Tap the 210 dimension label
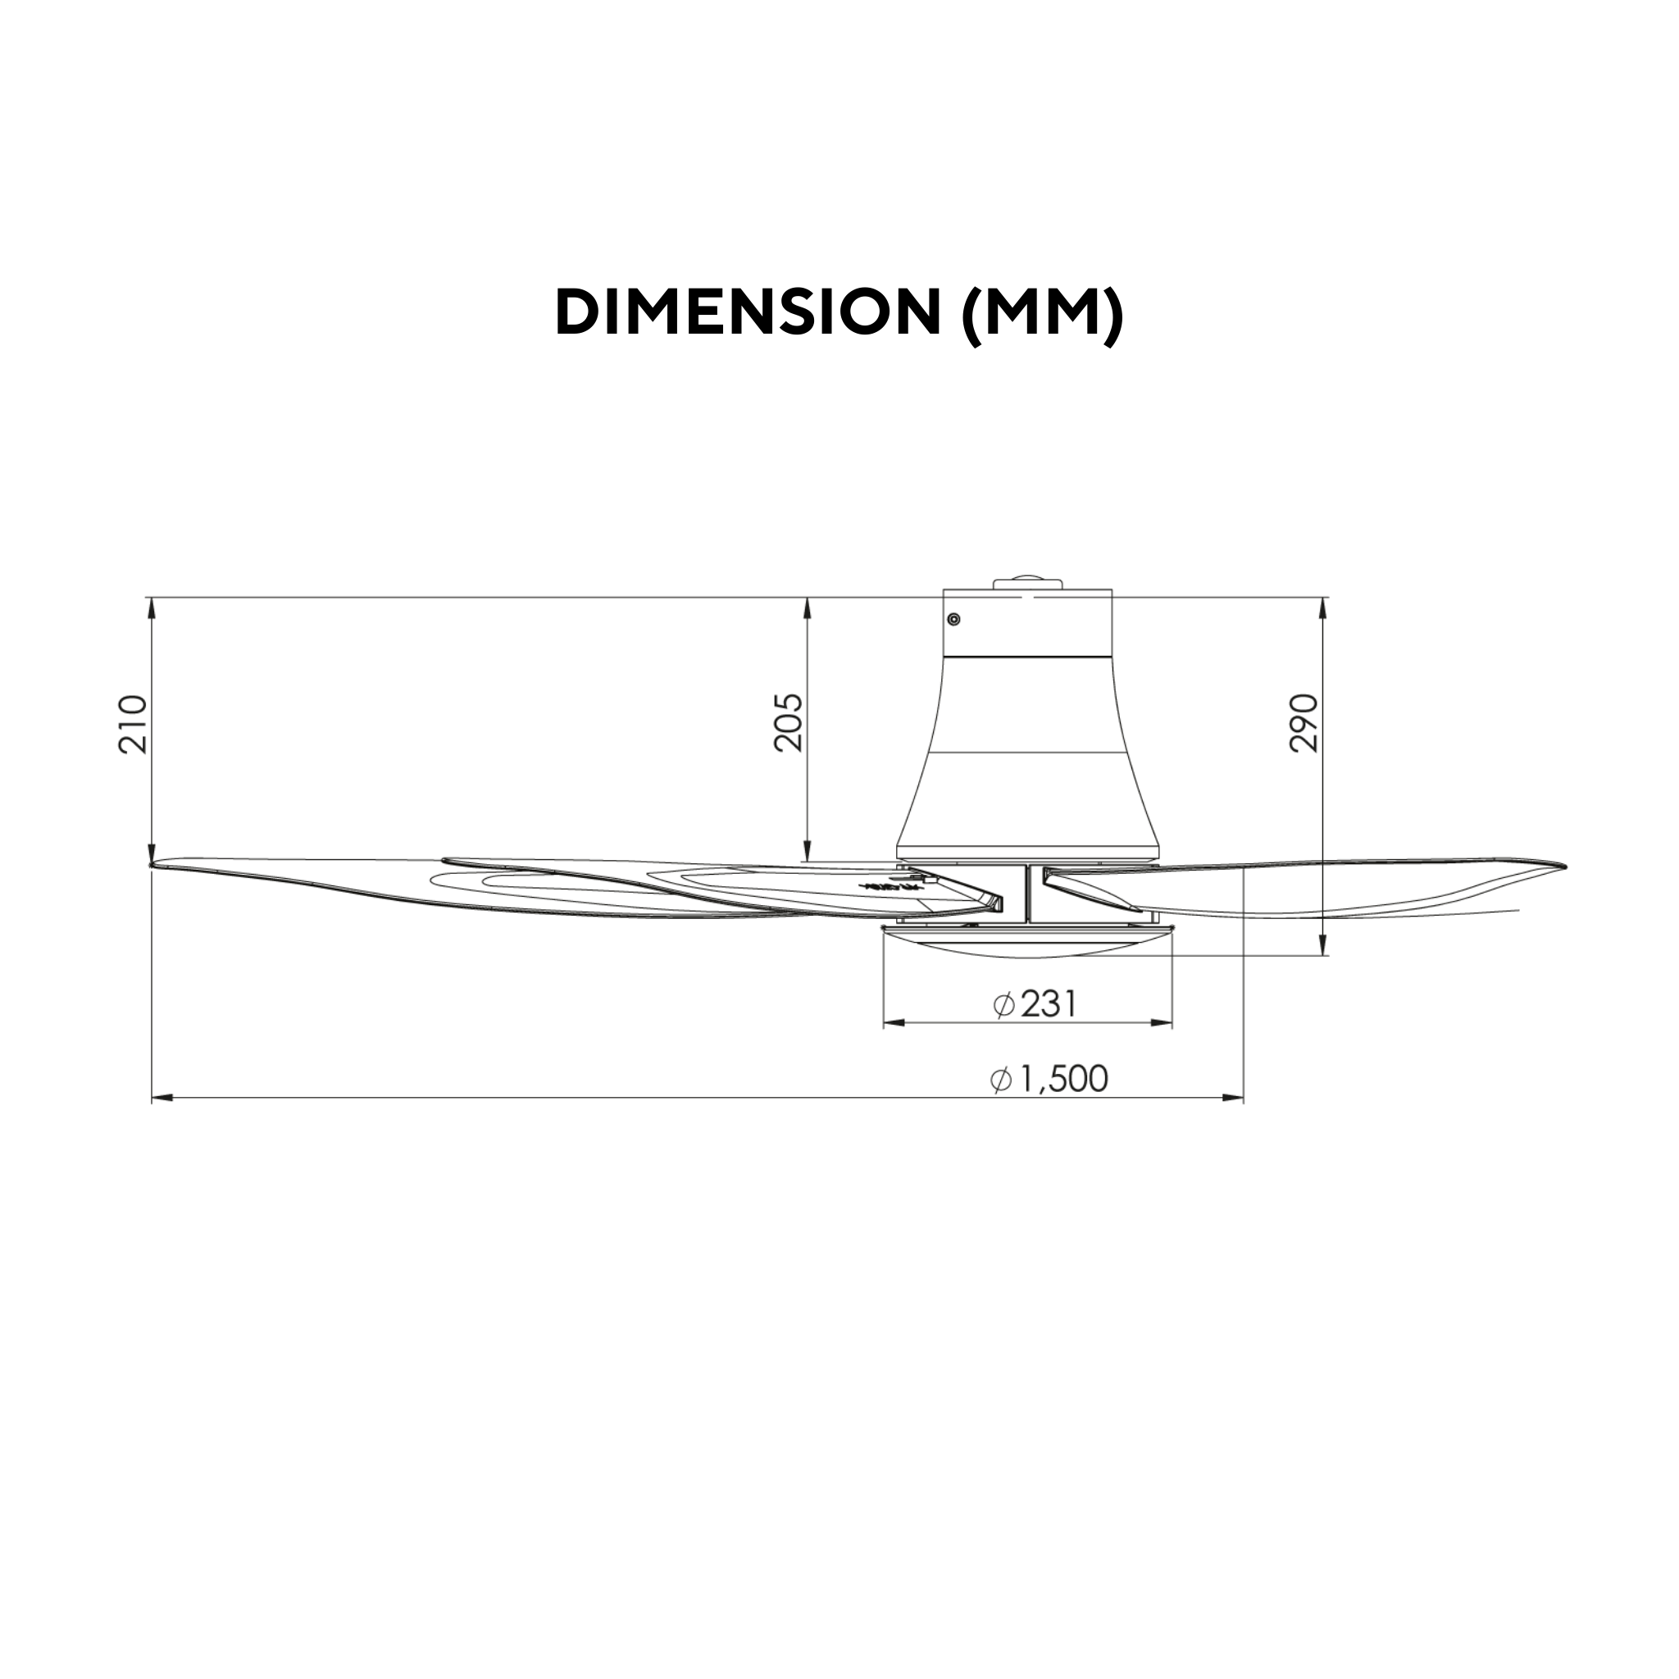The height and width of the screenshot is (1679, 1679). pyautogui.click(x=134, y=724)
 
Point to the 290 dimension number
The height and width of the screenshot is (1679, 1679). pyautogui.click(x=1304, y=723)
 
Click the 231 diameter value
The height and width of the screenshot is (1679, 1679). pyautogui.click(x=1048, y=1004)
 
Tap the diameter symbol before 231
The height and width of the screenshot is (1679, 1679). pyautogui.click(x=1003, y=1005)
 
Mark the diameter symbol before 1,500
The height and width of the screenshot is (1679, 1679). pyautogui.click(x=1001, y=1081)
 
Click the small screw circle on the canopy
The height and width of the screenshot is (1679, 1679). pyautogui.click(x=953, y=620)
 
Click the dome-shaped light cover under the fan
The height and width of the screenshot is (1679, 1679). pyautogui.click(x=1027, y=943)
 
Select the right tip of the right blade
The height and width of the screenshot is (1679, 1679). pyautogui.click(x=1562, y=867)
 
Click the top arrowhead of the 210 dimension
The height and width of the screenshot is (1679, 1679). pyautogui.click(x=152, y=607)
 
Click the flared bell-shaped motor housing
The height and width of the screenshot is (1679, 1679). pyautogui.click(x=1027, y=765)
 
